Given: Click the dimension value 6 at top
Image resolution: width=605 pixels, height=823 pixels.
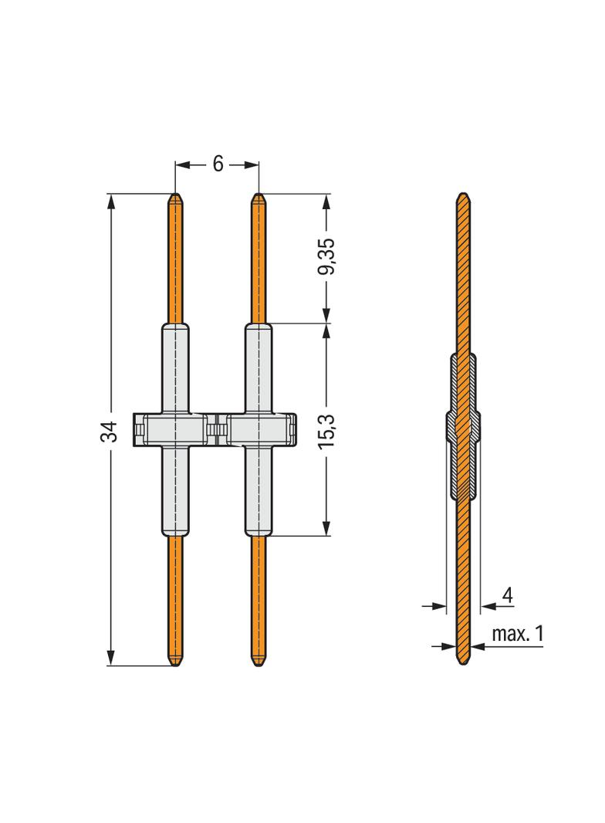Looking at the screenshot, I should click(218, 164).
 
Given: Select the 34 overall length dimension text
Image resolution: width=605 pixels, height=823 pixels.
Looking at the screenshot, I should click(112, 432).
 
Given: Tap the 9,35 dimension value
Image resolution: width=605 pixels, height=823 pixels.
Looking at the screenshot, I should click(327, 257).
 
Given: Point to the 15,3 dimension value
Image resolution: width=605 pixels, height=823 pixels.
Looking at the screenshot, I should click(327, 429).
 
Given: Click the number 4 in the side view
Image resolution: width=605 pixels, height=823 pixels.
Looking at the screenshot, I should click(508, 595).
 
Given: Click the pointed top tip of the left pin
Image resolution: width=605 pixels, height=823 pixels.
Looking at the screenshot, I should click(176, 195).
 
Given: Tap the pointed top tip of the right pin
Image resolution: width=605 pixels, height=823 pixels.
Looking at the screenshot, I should click(259, 195).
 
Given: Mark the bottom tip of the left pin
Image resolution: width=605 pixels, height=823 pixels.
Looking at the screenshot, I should click(176, 663).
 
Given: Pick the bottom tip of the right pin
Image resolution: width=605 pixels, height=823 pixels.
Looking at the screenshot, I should click(259, 663).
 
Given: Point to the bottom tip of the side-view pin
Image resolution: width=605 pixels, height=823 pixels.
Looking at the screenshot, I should click(463, 663).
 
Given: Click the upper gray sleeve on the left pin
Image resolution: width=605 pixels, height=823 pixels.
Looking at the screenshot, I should click(176, 367).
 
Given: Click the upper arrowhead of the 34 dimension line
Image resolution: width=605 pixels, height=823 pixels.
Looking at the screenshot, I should click(112, 200).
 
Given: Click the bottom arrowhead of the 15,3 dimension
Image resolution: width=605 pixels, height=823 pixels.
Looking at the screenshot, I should click(327, 529).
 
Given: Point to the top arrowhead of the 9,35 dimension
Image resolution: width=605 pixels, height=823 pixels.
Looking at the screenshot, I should click(327, 200).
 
